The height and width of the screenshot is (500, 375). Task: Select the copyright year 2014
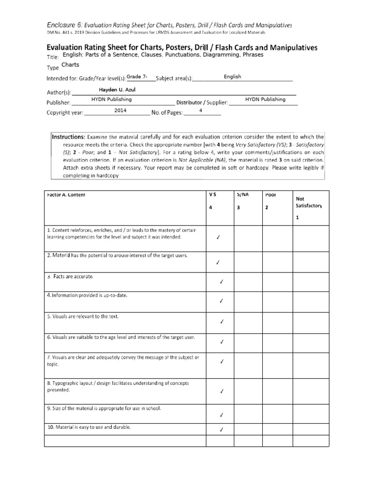coord(121,111)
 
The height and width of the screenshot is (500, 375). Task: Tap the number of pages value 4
coord(201,111)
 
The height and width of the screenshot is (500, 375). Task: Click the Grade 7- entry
coord(137,77)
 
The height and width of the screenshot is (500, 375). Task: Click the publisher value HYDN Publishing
coord(111,99)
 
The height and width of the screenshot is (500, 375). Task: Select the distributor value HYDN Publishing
coord(265,99)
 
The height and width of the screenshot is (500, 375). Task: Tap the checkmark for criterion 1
coord(218,238)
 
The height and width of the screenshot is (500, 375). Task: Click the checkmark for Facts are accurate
coord(221,282)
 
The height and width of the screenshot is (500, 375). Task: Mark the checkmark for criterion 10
coord(221,430)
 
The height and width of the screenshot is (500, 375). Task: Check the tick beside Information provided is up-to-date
coord(221,301)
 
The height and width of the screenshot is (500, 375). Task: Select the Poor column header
coord(271,194)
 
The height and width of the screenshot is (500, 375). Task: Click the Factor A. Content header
coord(66,194)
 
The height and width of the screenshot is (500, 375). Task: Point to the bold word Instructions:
coord(69,137)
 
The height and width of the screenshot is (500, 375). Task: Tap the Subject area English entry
coord(232,77)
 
